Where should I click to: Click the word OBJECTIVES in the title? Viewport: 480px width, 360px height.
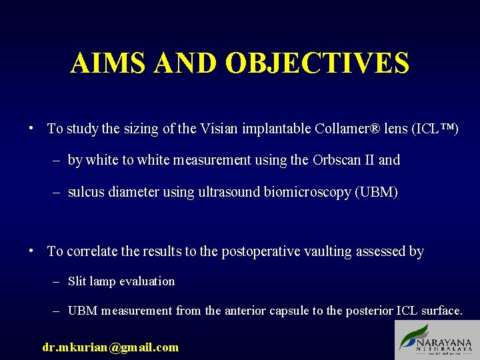coord(317,63)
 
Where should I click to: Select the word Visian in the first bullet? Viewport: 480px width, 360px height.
coord(218,129)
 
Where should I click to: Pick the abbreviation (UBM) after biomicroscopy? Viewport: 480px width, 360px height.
coord(377,193)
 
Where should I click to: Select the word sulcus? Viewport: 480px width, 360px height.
coord(85,193)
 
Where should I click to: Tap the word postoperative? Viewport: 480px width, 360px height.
coord(258,251)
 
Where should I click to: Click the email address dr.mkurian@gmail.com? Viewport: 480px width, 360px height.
coord(111,347)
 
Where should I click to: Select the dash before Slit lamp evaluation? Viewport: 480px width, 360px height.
coord(57,281)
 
